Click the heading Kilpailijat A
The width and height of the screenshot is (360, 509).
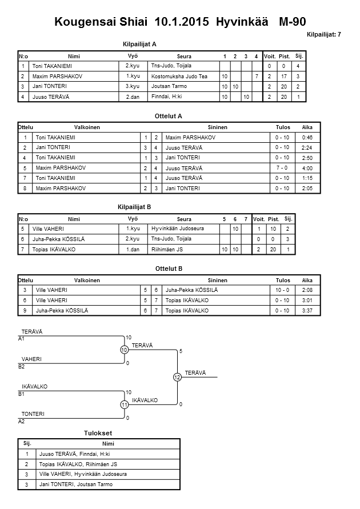tap(139, 44)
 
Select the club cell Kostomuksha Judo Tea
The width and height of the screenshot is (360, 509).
tap(179, 76)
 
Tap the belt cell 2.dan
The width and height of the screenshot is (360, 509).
tap(133, 97)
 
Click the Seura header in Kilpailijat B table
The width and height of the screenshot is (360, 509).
tap(184, 219)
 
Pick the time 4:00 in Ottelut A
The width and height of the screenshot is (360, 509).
tap(307, 168)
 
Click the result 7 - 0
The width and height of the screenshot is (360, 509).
tap(281, 168)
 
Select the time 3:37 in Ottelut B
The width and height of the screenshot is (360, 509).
tap(307, 310)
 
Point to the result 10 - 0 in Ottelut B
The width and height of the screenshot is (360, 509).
tap(281, 290)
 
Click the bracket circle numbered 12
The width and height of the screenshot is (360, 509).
tap(178, 377)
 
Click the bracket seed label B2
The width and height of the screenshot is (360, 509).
tap(22, 366)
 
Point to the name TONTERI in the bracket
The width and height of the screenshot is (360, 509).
tap(33, 414)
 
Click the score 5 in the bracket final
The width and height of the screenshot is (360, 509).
tap(181, 351)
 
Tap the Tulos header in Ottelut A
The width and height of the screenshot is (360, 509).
tap(282, 127)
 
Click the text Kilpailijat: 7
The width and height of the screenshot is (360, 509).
tap(323, 35)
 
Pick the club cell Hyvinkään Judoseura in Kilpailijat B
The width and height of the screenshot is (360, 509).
tap(177, 229)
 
